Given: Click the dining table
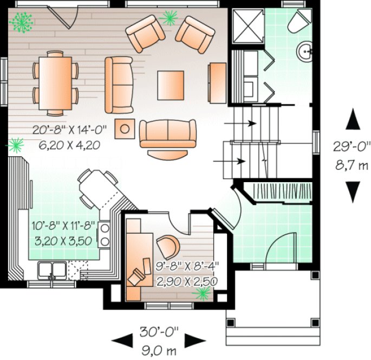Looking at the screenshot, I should [x=55, y=82].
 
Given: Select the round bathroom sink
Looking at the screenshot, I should [x=305, y=52].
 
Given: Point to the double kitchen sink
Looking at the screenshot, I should [x=53, y=269].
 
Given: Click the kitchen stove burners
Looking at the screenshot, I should [x=105, y=235].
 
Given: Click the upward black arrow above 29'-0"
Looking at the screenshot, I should [x=353, y=118].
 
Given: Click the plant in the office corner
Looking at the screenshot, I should [x=203, y=293].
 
